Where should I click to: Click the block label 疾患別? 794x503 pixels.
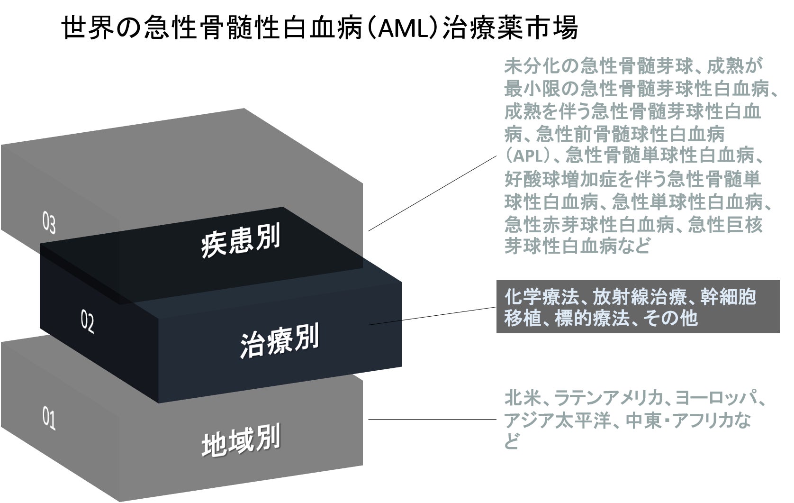[x=240, y=241]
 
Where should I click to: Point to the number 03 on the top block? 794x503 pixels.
[x=49, y=224]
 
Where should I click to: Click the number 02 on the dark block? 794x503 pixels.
[x=87, y=323]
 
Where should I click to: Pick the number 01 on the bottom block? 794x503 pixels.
[x=49, y=420]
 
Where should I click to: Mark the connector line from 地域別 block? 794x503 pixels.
[x=431, y=419]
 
